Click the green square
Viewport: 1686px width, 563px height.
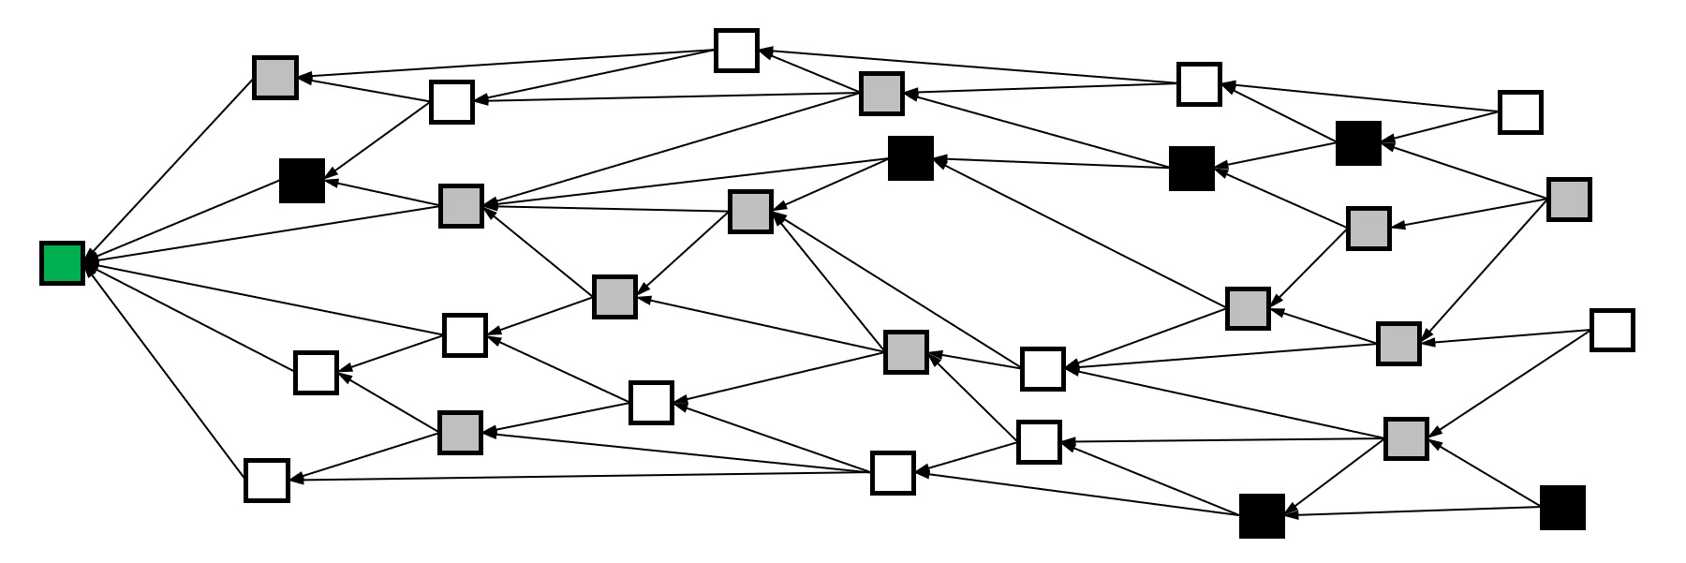click(63, 262)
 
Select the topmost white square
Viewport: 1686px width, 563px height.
click(736, 50)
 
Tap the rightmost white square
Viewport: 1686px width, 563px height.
click(1612, 330)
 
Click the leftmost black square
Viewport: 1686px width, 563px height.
click(302, 180)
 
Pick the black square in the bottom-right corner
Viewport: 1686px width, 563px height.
click(1562, 508)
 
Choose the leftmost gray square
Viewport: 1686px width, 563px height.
click(275, 77)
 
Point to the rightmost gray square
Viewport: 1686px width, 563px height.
click(1569, 200)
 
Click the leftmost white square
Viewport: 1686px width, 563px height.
click(267, 480)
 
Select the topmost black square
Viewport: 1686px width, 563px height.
click(1358, 143)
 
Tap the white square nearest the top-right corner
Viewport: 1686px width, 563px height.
click(1520, 111)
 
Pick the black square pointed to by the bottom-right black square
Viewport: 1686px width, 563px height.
click(1262, 515)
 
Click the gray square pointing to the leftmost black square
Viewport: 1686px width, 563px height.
click(461, 205)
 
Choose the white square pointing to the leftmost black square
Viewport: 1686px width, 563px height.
click(451, 101)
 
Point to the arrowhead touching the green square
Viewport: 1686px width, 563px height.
click(91, 262)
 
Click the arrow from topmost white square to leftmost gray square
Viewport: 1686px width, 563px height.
click(506, 63)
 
